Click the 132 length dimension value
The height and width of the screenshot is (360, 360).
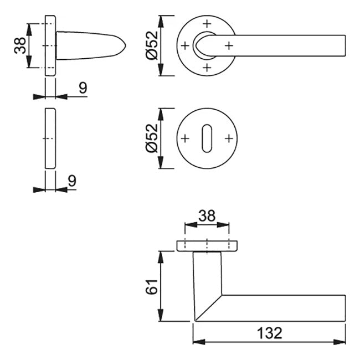pyautogui.click(x=270, y=333)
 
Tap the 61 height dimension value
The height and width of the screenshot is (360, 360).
pyautogui.click(x=152, y=287)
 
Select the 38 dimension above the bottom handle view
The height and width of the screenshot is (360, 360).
pyautogui.click(x=207, y=215)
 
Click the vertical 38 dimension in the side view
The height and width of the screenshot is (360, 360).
pyautogui.click(x=20, y=45)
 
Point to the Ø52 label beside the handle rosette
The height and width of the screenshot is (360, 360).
pyautogui.click(x=152, y=45)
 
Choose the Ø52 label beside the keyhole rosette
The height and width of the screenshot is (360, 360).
pyautogui.click(x=152, y=138)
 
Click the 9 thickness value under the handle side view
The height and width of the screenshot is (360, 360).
pyautogui.click(x=83, y=88)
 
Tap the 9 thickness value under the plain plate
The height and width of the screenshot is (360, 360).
pyautogui.click(x=72, y=181)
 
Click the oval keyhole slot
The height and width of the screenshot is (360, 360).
pyautogui.click(x=207, y=138)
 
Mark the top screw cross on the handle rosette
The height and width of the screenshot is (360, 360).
pyautogui.click(x=207, y=24)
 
